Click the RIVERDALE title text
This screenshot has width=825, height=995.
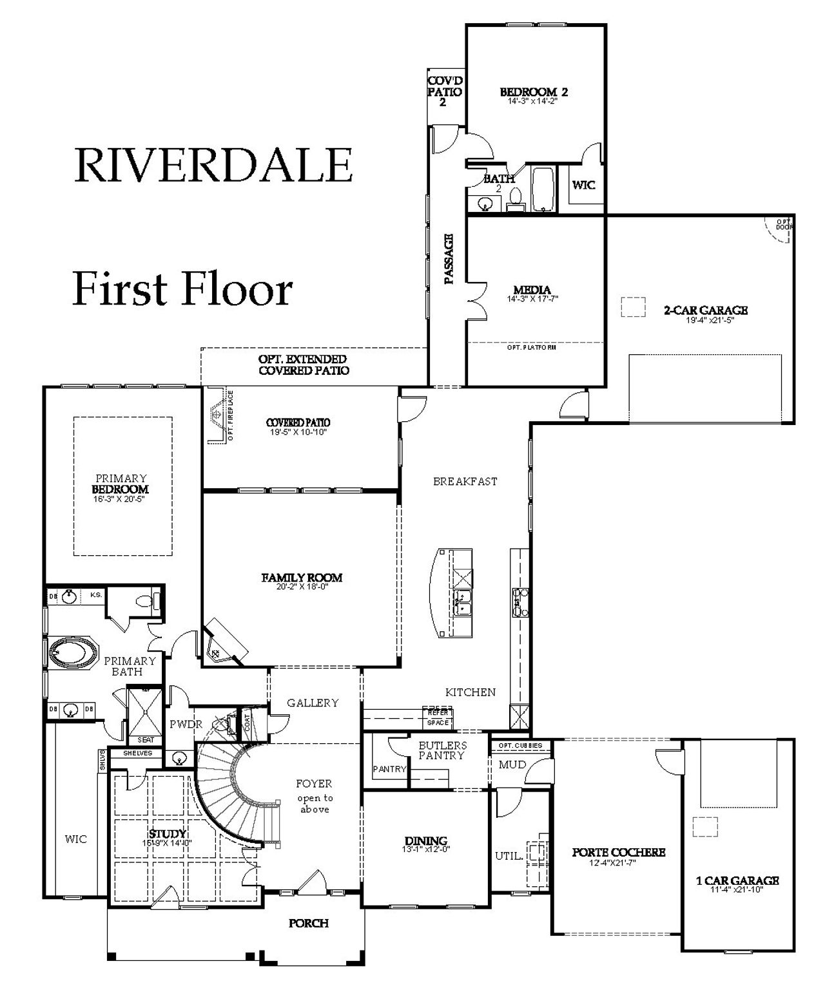coord(213,165)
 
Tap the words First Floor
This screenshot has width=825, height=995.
coord(182,289)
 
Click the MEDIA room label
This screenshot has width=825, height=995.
coord(532,290)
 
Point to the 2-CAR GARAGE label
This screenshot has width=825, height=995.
coord(706,310)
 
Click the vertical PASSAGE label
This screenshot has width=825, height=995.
coord(449,259)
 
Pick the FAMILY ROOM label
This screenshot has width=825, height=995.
coord(302,578)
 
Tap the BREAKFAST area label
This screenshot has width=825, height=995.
coord(465,481)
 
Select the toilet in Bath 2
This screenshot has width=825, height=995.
coord(516,197)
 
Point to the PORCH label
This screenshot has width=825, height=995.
coord(308,923)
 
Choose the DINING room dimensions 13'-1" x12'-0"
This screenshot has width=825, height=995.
coord(426,850)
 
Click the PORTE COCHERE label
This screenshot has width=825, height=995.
coord(618,852)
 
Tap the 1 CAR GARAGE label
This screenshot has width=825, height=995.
coord(737,880)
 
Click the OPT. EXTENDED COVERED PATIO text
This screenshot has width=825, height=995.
coord(303,365)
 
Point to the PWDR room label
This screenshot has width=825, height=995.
coord(186,724)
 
